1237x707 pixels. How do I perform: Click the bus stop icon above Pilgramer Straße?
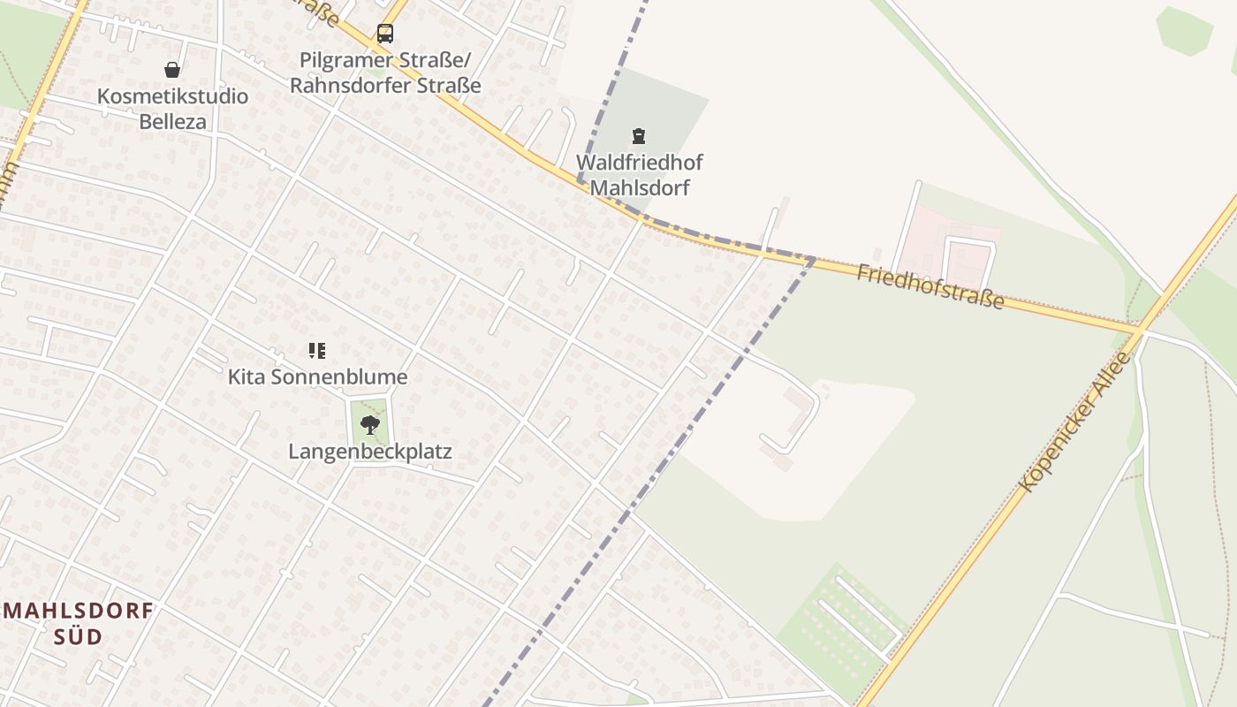[385, 34]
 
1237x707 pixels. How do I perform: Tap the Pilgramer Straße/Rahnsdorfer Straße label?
[385, 73]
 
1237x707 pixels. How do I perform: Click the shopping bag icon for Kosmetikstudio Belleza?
[172, 70]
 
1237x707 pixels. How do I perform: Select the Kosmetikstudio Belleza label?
[172, 109]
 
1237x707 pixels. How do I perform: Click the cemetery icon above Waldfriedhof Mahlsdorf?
[638, 136]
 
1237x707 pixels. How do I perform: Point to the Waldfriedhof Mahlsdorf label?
[640, 175]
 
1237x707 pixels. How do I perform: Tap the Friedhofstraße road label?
[930, 285]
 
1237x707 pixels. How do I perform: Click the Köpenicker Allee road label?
[1074, 422]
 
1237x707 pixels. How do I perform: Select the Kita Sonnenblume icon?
[317, 351]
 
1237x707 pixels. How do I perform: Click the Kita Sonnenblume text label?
[318, 377]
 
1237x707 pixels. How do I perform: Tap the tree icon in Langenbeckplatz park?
[370, 425]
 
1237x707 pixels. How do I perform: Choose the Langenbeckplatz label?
[370, 452]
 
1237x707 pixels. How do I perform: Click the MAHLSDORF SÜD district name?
[79, 623]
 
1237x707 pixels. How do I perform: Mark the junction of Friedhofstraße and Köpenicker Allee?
[1142, 331]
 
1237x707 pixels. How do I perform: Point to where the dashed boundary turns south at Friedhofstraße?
[811, 259]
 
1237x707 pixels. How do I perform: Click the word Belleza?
[172, 121]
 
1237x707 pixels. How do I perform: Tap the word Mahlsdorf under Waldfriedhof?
[640, 187]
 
